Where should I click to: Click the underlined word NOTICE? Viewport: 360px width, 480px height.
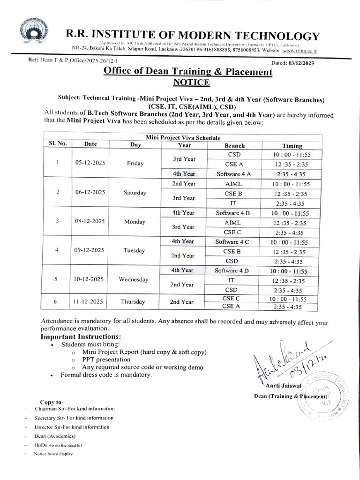192,83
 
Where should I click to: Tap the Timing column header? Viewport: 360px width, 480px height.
292,146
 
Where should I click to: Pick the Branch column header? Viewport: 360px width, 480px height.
234,146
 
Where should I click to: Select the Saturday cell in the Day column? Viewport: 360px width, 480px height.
135,193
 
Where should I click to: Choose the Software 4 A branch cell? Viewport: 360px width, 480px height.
233,174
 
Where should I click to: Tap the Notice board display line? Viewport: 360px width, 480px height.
53,454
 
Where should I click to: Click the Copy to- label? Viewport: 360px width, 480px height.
52,402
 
